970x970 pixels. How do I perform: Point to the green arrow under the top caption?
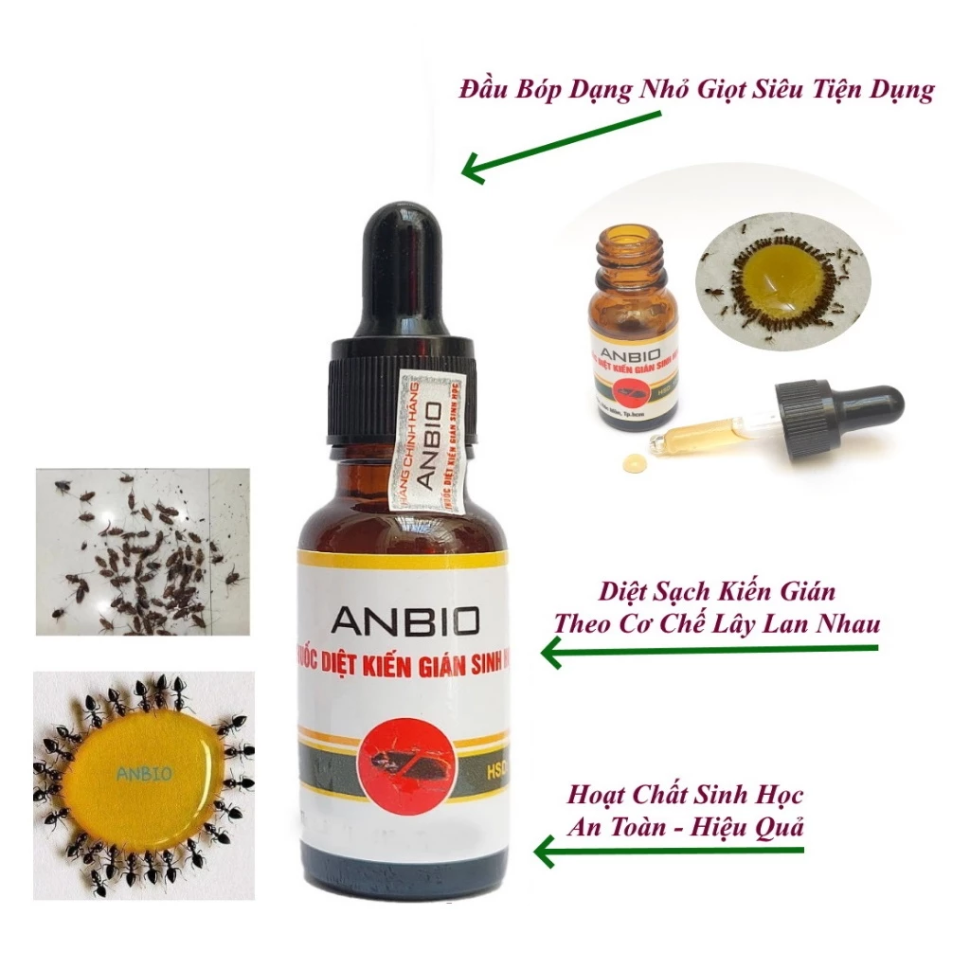[560, 143]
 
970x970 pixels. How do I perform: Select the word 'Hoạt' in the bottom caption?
[599, 794]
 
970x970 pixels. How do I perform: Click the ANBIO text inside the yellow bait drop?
[144, 773]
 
